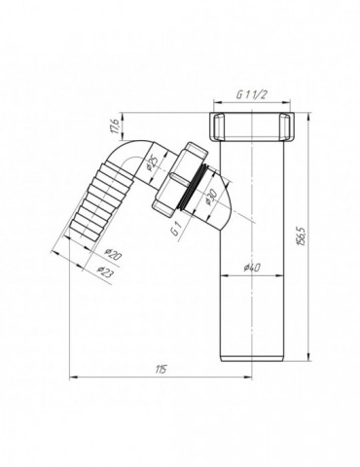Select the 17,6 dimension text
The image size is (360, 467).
tap(113, 126)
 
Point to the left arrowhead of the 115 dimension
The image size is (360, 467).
tap(73, 377)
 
